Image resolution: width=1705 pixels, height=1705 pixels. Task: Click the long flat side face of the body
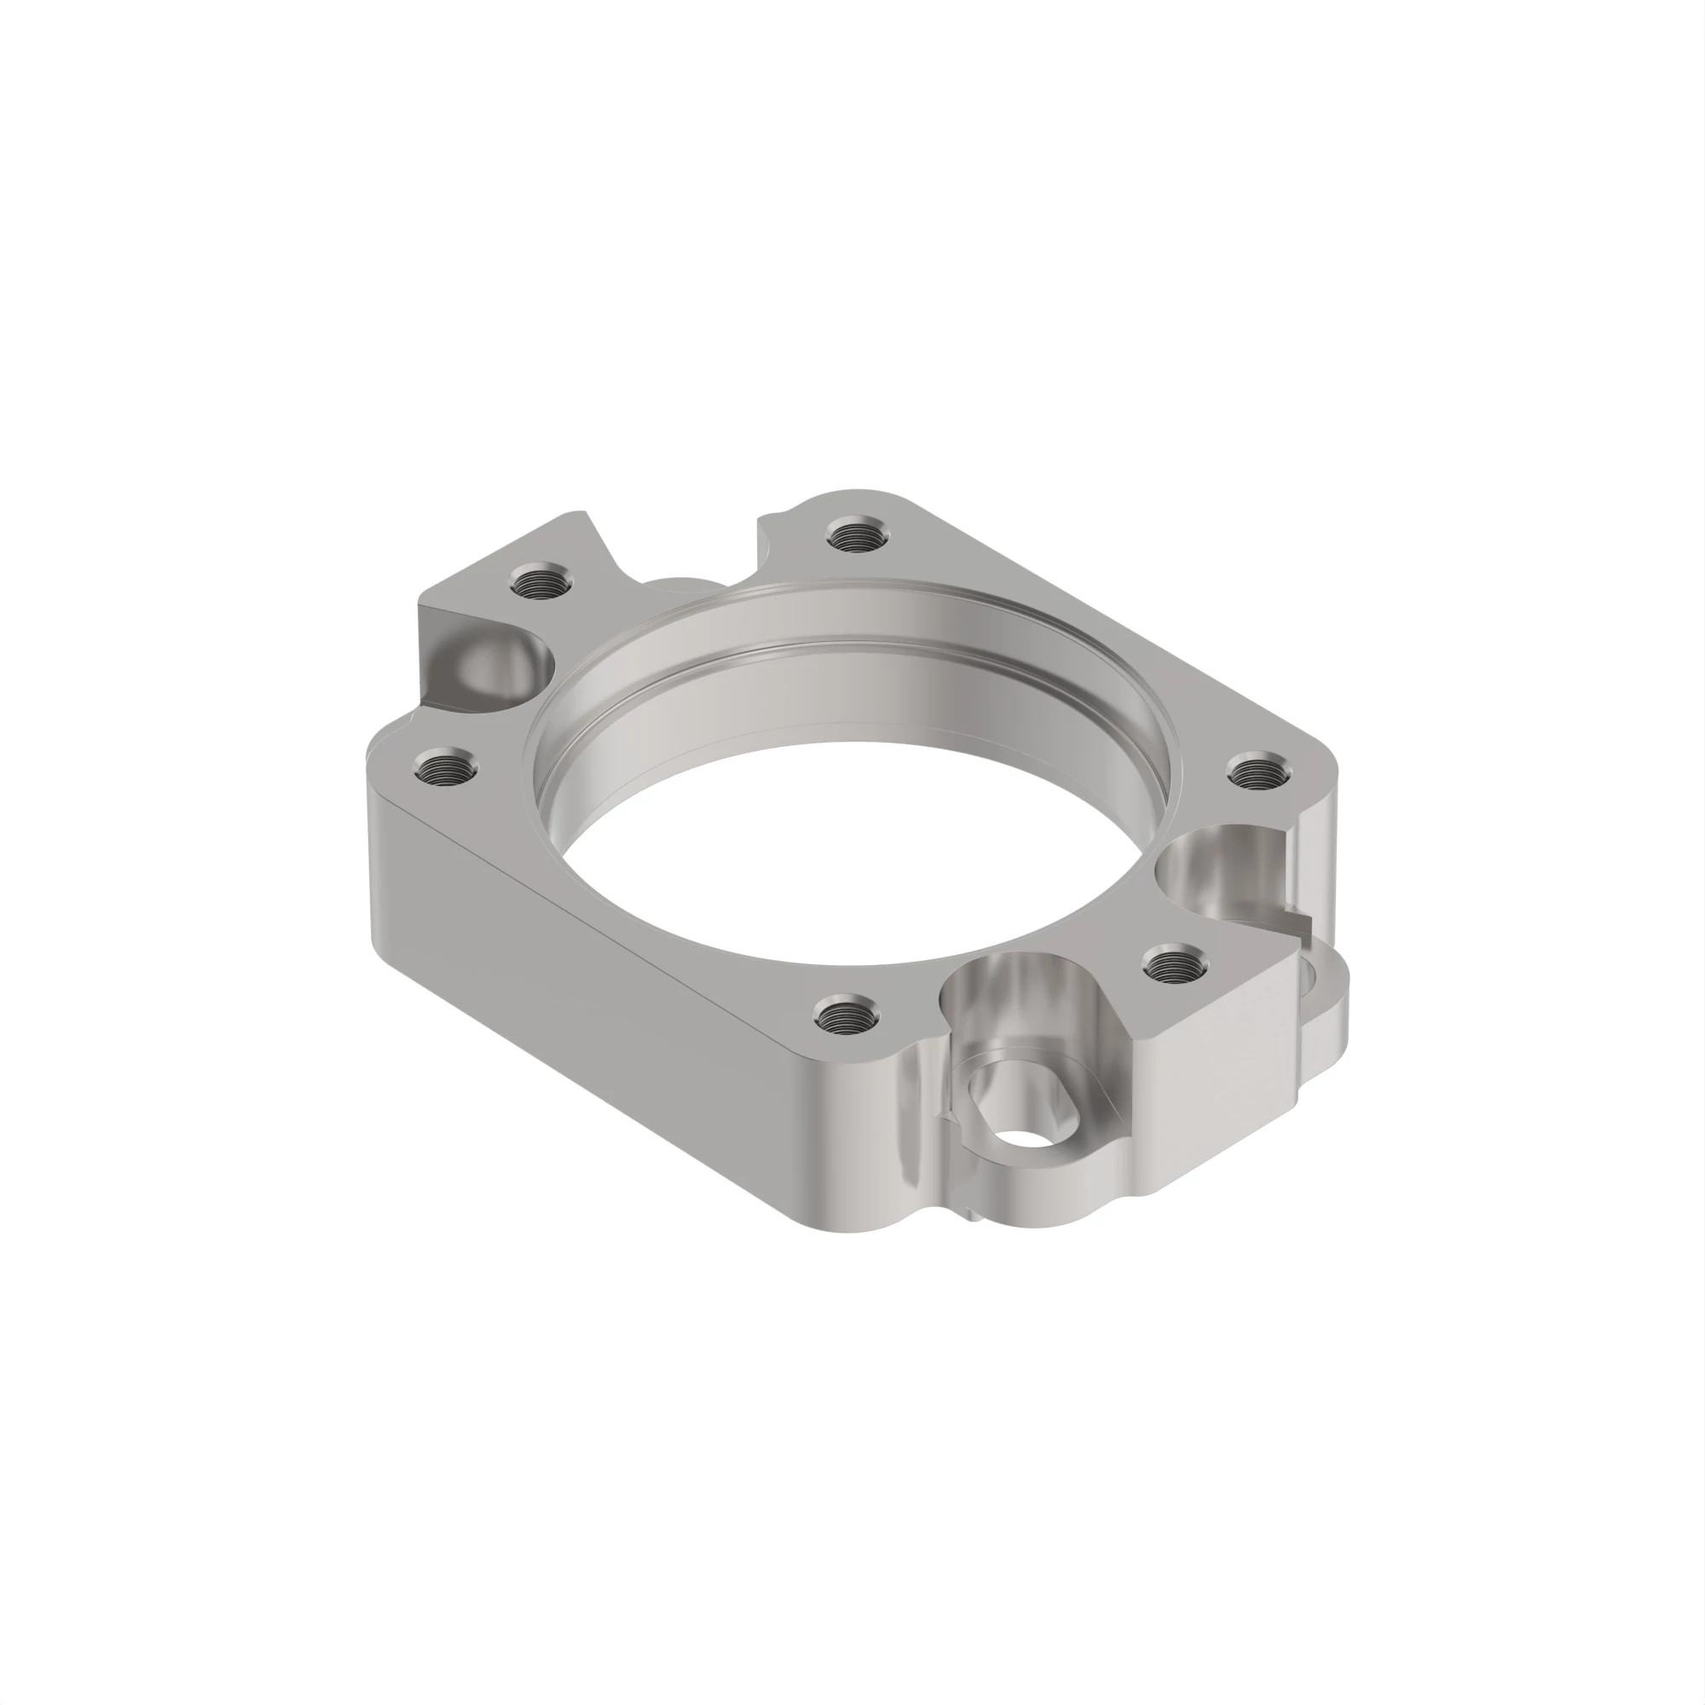coord(618,971)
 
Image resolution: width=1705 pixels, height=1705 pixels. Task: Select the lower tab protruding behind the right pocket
coord(1324,1014)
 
